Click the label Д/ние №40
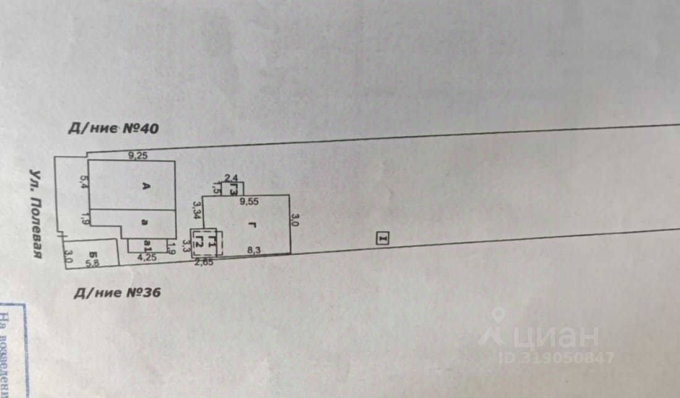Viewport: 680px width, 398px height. click(114, 129)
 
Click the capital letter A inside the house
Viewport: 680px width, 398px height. click(146, 191)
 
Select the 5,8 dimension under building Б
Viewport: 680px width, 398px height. click(92, 263)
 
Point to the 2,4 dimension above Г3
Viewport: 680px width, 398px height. click(232, 177)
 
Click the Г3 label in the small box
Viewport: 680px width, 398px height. click(234, 188)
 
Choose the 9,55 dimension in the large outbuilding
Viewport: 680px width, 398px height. click(249, 201)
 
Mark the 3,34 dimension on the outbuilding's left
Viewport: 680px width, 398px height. click(196, 211)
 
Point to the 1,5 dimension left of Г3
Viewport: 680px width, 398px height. click(215, 187)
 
